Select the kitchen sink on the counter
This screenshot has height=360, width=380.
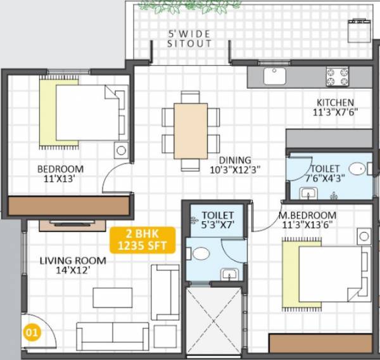click(x=275, y=77)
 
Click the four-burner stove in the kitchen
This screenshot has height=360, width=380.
click(x=338, y=76)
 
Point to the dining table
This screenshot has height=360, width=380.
click(x=191, y=130)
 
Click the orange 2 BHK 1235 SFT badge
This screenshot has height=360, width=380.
click(x=142, y=239)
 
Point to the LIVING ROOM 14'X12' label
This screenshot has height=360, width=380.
click(x=65, y=266)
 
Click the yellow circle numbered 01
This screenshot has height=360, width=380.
click(x=29, y=331)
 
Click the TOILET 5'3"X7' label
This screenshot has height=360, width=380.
click(x=217, y=221)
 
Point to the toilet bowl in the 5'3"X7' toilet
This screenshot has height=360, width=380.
click(x=201, y=254)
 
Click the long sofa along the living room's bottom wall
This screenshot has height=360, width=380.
click(x=112, y=334)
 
